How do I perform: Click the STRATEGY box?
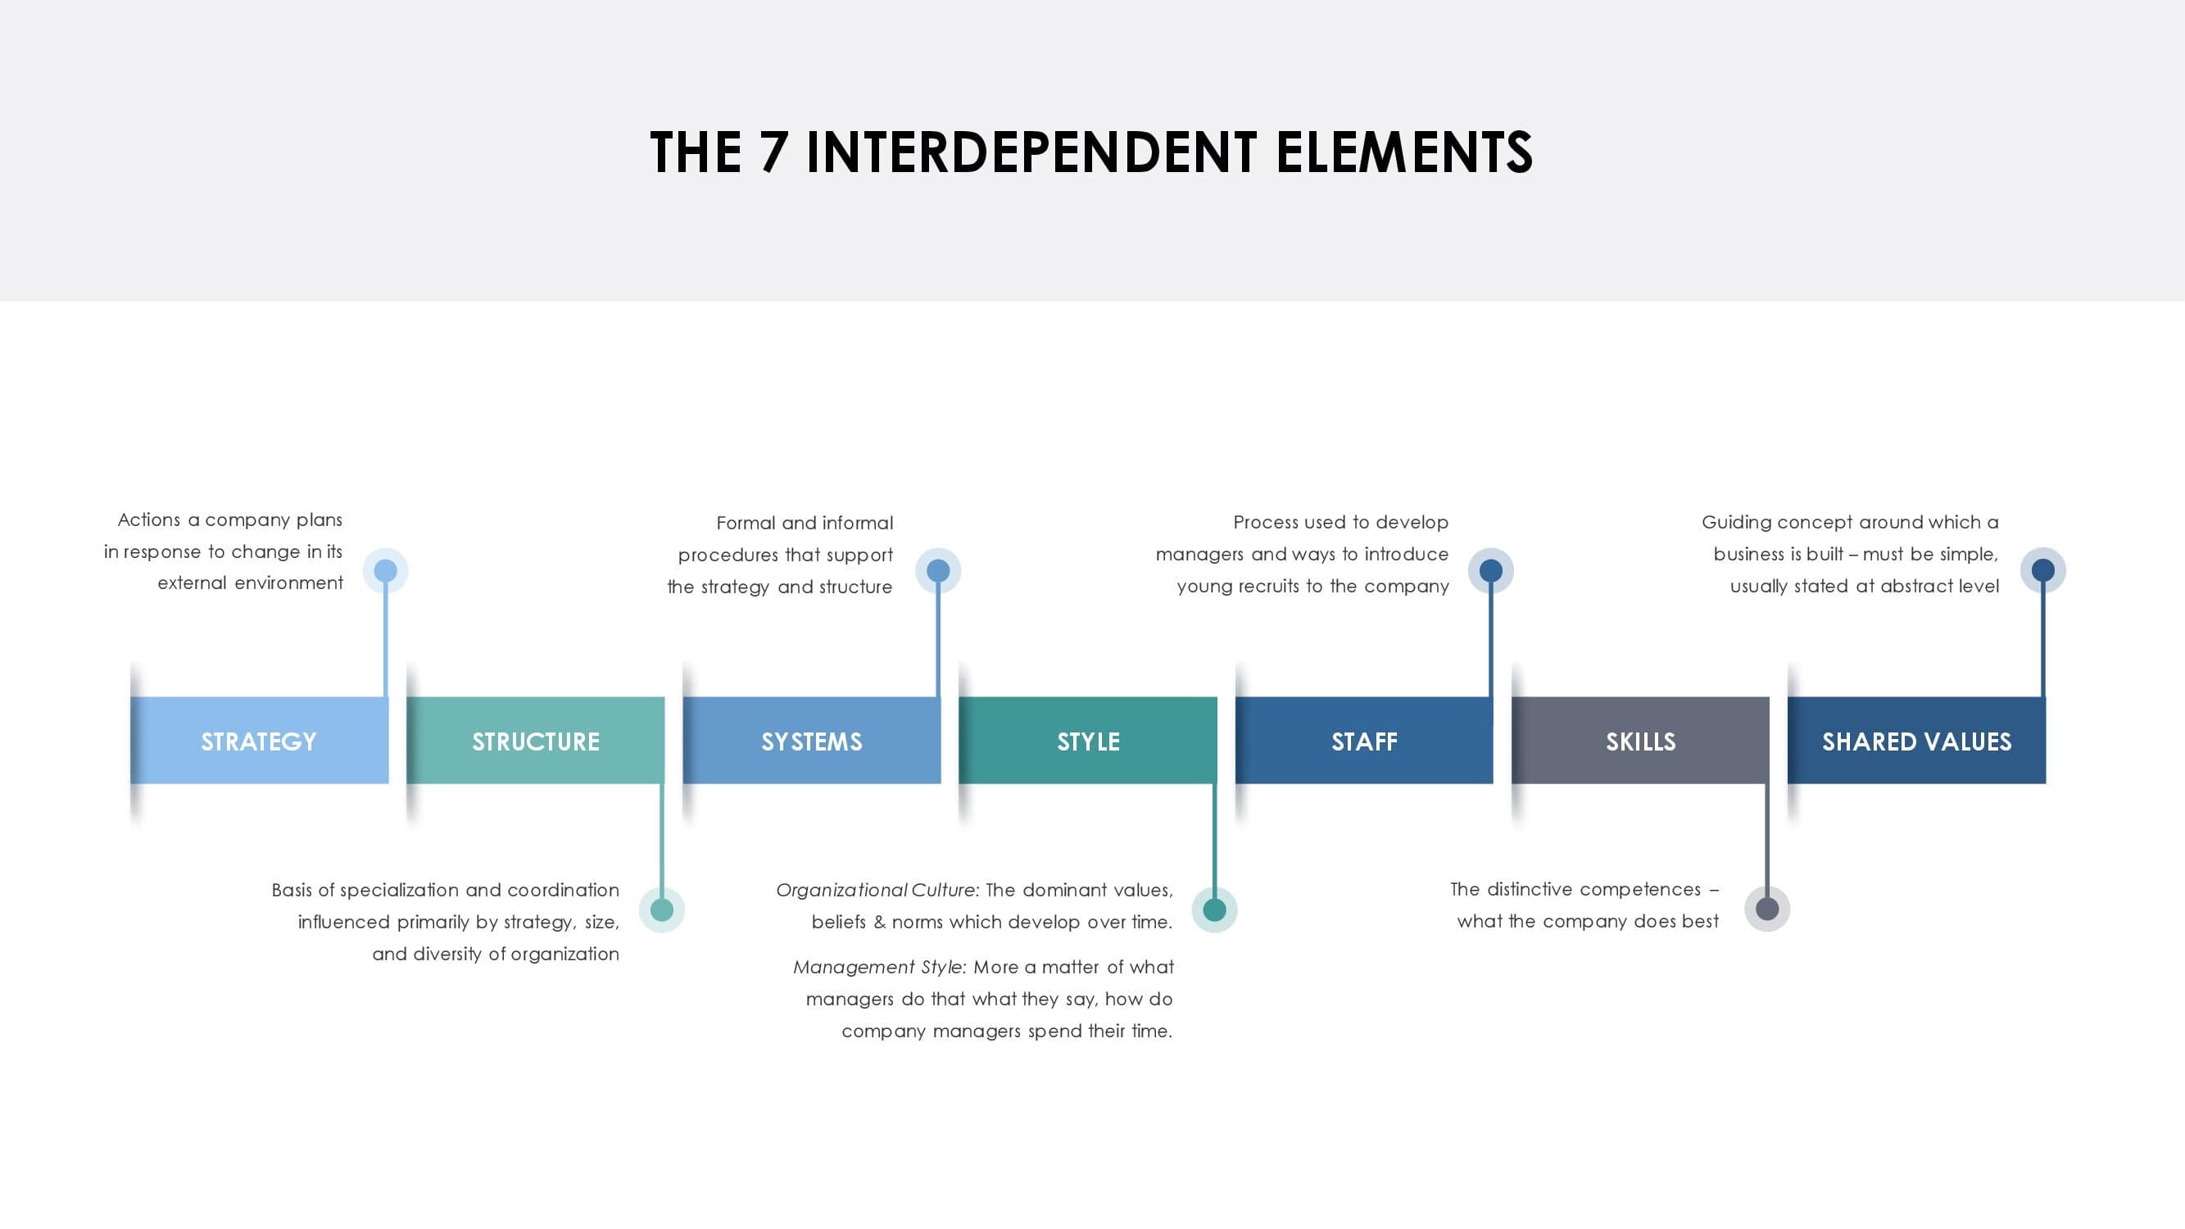pos(260,741)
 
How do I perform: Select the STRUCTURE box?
pos(535,741)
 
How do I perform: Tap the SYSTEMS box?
pos(812,741)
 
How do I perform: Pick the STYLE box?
pos(1088,741)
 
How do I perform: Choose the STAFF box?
pos(1364,741)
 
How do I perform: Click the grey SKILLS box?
pos(1640,741)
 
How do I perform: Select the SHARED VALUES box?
pos(1917,741)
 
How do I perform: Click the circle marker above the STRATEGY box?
pos(386,571)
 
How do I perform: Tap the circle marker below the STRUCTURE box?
pos(662,910)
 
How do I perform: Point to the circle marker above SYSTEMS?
pos(938,571)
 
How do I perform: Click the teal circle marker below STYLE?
pos(1215,910)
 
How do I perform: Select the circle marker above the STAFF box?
pos(1490,571)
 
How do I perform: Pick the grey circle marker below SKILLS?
pos(1767,909)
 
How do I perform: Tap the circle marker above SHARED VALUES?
pos(2043,571)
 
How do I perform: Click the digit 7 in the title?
pos(773,152)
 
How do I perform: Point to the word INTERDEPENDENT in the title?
pos(1031,152)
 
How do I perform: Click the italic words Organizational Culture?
pos(875,891)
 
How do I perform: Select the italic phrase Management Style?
pos(879,968)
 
